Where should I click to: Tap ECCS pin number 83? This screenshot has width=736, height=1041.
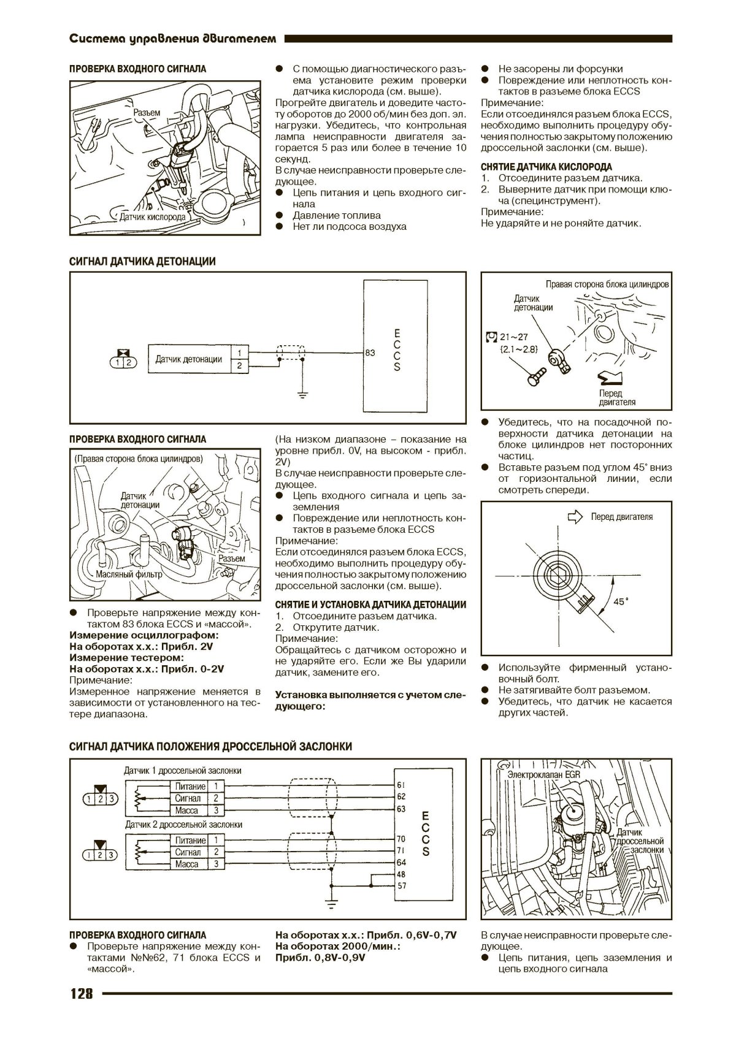pyautogui.click(x=370, y=353)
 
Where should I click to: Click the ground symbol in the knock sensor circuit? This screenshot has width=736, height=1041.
pyautogui.click(x=302, y=394)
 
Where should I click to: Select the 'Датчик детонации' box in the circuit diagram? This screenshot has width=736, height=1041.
pyautogui.click(x=188, y=359)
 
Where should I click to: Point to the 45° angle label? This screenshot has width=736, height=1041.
pyautogui.click(x=621, y=601)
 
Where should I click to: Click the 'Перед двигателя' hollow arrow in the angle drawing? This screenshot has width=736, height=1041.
pyautogui.click(x=575, y=517)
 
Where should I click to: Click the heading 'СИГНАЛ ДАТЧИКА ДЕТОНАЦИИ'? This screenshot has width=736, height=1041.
pyautogui.click(x=142, y=262)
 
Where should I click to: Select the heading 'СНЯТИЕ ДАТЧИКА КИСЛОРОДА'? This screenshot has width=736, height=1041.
pyautogui.click(x=546, y=167)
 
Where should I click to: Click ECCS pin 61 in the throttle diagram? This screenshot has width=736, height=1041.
pyautogui.click(x=401, y=785)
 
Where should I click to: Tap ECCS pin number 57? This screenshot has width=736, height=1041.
pyautogui.click(x=401, y=886)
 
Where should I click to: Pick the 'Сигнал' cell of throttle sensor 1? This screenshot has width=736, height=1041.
pyautogui.click(x=188, y=798)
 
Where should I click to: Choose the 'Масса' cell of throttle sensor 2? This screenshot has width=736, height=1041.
pyautogui.click(x=186, y=864)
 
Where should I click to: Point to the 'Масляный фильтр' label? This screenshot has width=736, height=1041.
pyautogui.click(x=129, y=574)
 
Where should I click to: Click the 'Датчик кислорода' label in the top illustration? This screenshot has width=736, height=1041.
pyautogui.click(x=152, y=217)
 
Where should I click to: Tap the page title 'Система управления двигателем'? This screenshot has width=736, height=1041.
pyautogui.click(x=173, y=39)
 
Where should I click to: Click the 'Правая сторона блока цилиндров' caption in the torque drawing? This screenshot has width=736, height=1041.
pyautogui.click(x=607, y=284)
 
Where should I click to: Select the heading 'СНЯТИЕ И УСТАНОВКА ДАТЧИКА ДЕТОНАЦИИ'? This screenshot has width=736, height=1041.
pyautogui.click(x=370, y=604)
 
